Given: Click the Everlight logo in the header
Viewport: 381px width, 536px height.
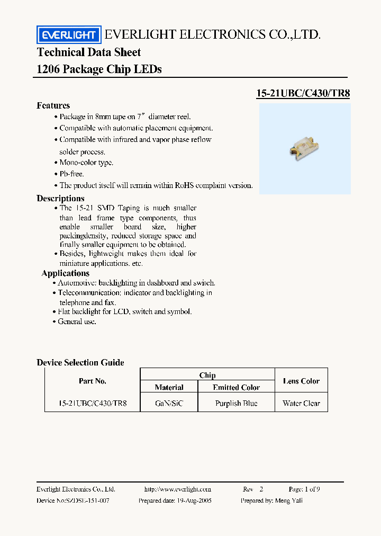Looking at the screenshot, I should tap(68, 35).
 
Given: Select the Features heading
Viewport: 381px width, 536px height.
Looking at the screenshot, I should tap(53, 105).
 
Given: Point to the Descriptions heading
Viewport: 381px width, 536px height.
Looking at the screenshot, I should tap(60, 198).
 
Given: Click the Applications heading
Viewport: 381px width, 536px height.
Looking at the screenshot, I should tap(65, 273).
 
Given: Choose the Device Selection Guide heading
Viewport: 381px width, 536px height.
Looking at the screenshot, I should tap(80, 363).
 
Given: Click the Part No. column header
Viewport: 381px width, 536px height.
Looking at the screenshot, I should tap(92, 381).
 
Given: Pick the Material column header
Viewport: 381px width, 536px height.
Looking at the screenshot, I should tap(169, 387).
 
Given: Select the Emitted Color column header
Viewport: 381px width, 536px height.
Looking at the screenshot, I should tap(236, 387).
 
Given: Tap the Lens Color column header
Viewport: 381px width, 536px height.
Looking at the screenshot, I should tap(301, 381).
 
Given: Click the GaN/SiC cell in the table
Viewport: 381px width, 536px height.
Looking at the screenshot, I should tap(169, 403).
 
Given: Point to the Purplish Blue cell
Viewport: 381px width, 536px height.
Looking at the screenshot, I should tap(236, 403).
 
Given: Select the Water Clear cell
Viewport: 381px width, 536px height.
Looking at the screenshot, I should tap(301, 403).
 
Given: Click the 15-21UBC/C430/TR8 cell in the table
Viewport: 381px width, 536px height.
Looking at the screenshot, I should tap(92, 403).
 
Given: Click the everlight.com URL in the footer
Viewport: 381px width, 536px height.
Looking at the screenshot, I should tap(177, 489).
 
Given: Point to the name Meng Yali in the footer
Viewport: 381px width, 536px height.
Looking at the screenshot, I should tap(288, 501).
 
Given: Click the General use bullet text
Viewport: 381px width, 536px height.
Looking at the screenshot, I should tap(77, 321).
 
